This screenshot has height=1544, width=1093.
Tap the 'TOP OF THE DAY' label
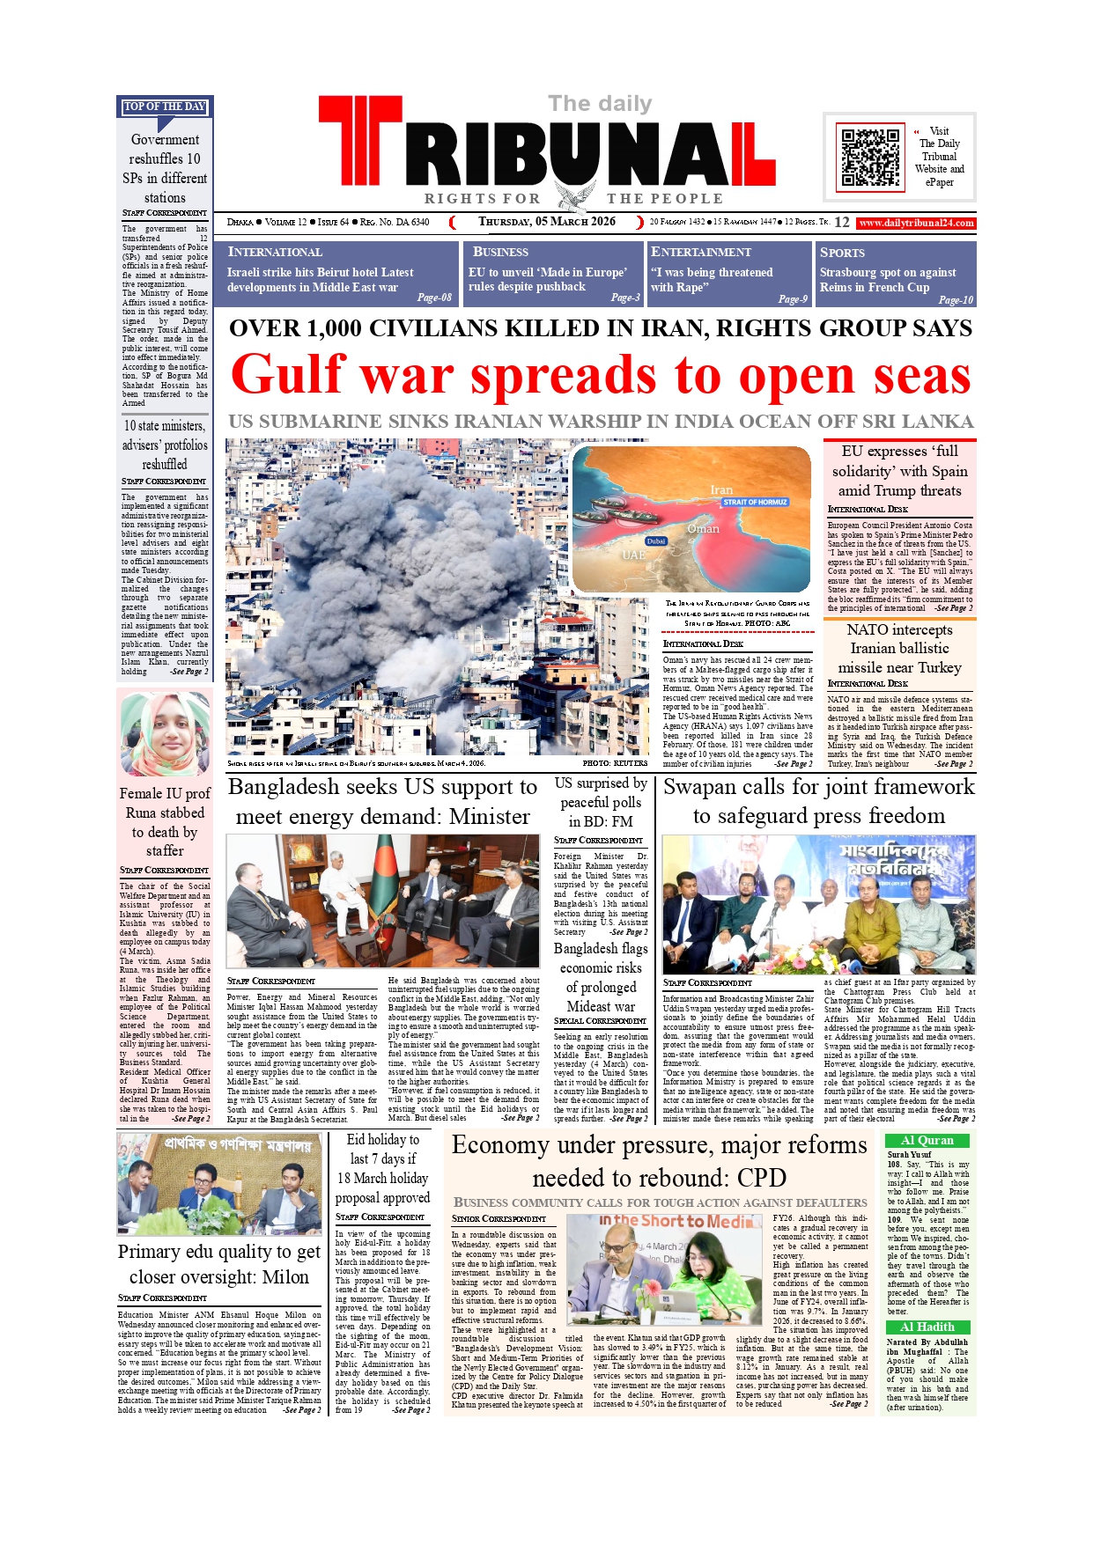point(165,107)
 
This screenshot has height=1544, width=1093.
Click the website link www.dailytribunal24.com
point(916,224)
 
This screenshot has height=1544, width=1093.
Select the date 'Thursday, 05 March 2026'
point(546,222)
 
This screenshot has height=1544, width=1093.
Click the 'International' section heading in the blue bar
point(275,252)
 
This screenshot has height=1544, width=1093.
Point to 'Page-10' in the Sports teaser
point(955,300)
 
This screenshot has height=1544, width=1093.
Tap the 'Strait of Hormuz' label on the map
point(754,502)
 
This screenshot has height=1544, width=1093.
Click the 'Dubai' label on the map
point(656,541)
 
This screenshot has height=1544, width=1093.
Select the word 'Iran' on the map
point(721,489)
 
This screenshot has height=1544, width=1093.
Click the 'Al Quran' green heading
point(927,1141)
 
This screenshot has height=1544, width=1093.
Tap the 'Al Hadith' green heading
point(927,1327)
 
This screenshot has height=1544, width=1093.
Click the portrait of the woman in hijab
point(165,733)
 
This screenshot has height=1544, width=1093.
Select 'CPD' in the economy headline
point(762,1178)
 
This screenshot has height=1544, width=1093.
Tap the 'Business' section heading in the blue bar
point(500,252)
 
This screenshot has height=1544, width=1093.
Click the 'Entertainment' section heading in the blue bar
point(701,252)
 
